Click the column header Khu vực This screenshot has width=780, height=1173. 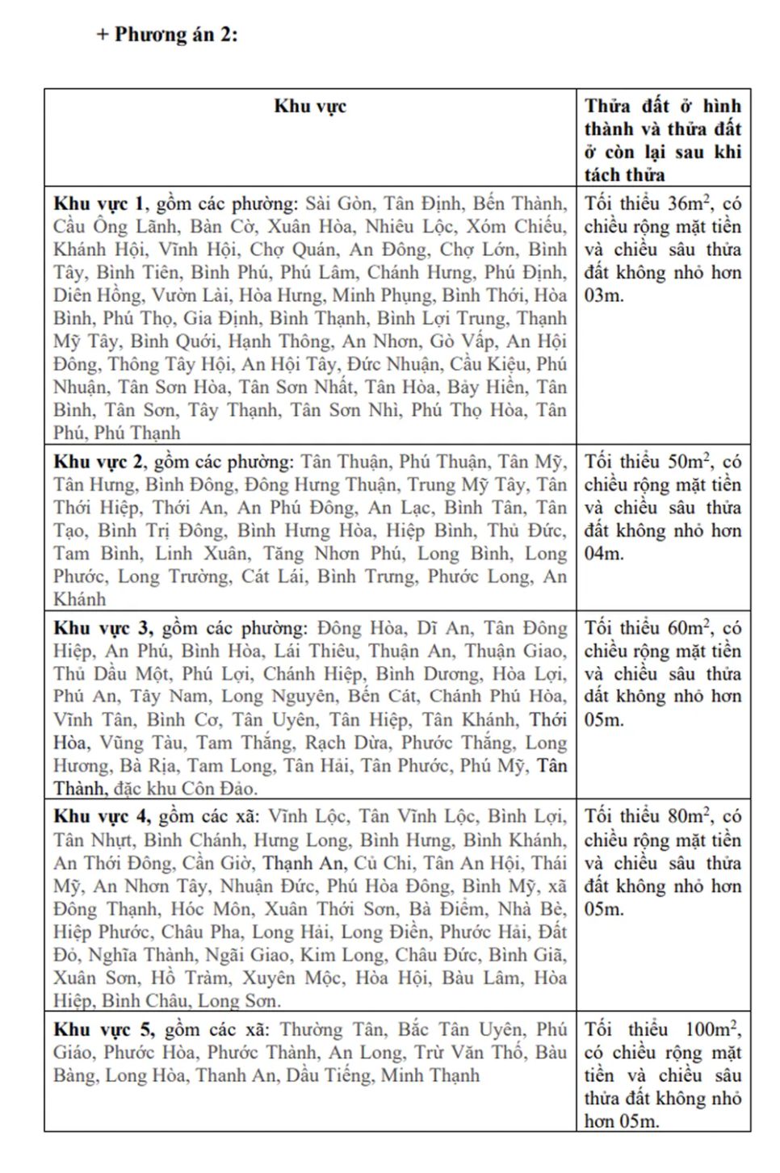point(310,107)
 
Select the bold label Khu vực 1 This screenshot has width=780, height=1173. point(99,203)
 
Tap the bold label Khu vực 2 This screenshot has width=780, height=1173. point(99,462)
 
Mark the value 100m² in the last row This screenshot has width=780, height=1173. point(711,1030)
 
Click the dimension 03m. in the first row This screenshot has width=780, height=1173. point(603,295)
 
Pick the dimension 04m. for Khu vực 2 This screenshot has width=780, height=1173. point(603,554)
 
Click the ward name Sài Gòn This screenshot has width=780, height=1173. point(339,203)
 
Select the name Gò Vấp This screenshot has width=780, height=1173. point(463,341)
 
